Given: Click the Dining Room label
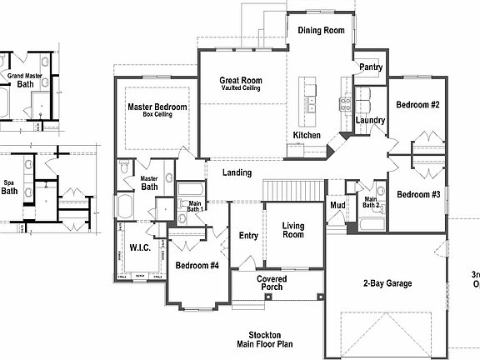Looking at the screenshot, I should (321, 31).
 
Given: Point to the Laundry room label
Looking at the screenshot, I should (370, 121).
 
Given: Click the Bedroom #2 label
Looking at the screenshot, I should (417, 105).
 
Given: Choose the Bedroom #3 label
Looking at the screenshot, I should (417, 195).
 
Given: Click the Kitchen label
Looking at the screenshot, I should (307, 136).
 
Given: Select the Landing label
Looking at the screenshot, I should (237, 172).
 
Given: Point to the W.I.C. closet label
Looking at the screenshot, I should (140, 247).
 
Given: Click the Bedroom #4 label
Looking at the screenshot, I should (197, 266).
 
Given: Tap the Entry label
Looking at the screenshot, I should (248, 236).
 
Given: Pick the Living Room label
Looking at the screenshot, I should (293, 231).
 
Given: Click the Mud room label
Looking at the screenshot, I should (337, 205).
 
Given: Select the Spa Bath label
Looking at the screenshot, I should (9, 186).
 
